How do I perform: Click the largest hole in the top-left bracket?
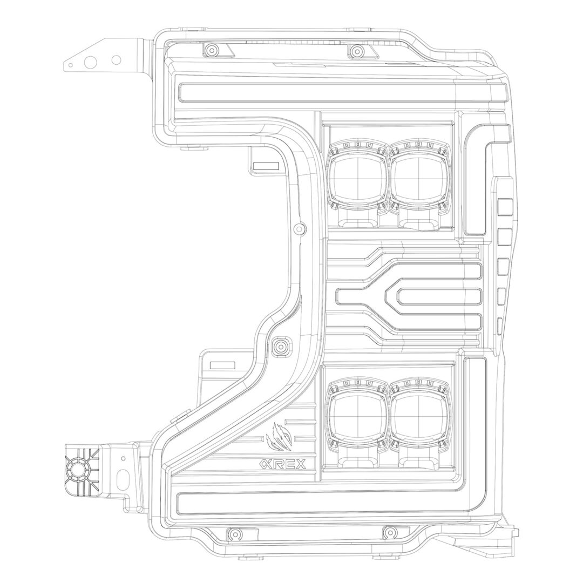(91, 62)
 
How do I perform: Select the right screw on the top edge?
(357, 52)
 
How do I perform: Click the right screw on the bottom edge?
(389, 533)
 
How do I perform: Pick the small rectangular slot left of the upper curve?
(265, 166)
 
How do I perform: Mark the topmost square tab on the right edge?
(504, 207)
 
